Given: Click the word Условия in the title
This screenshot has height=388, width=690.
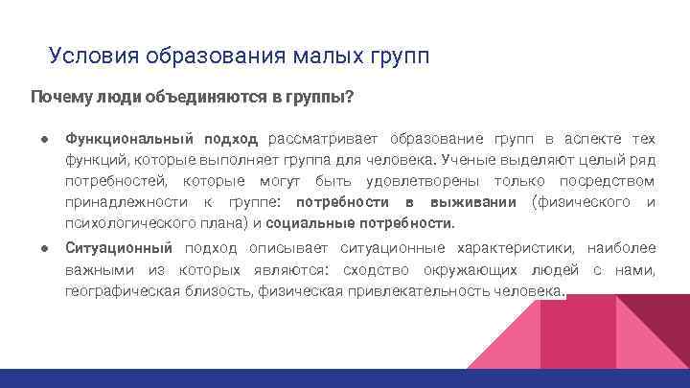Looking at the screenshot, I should pos(92,55).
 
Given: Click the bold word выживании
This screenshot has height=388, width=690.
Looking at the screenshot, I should pos(476,202).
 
